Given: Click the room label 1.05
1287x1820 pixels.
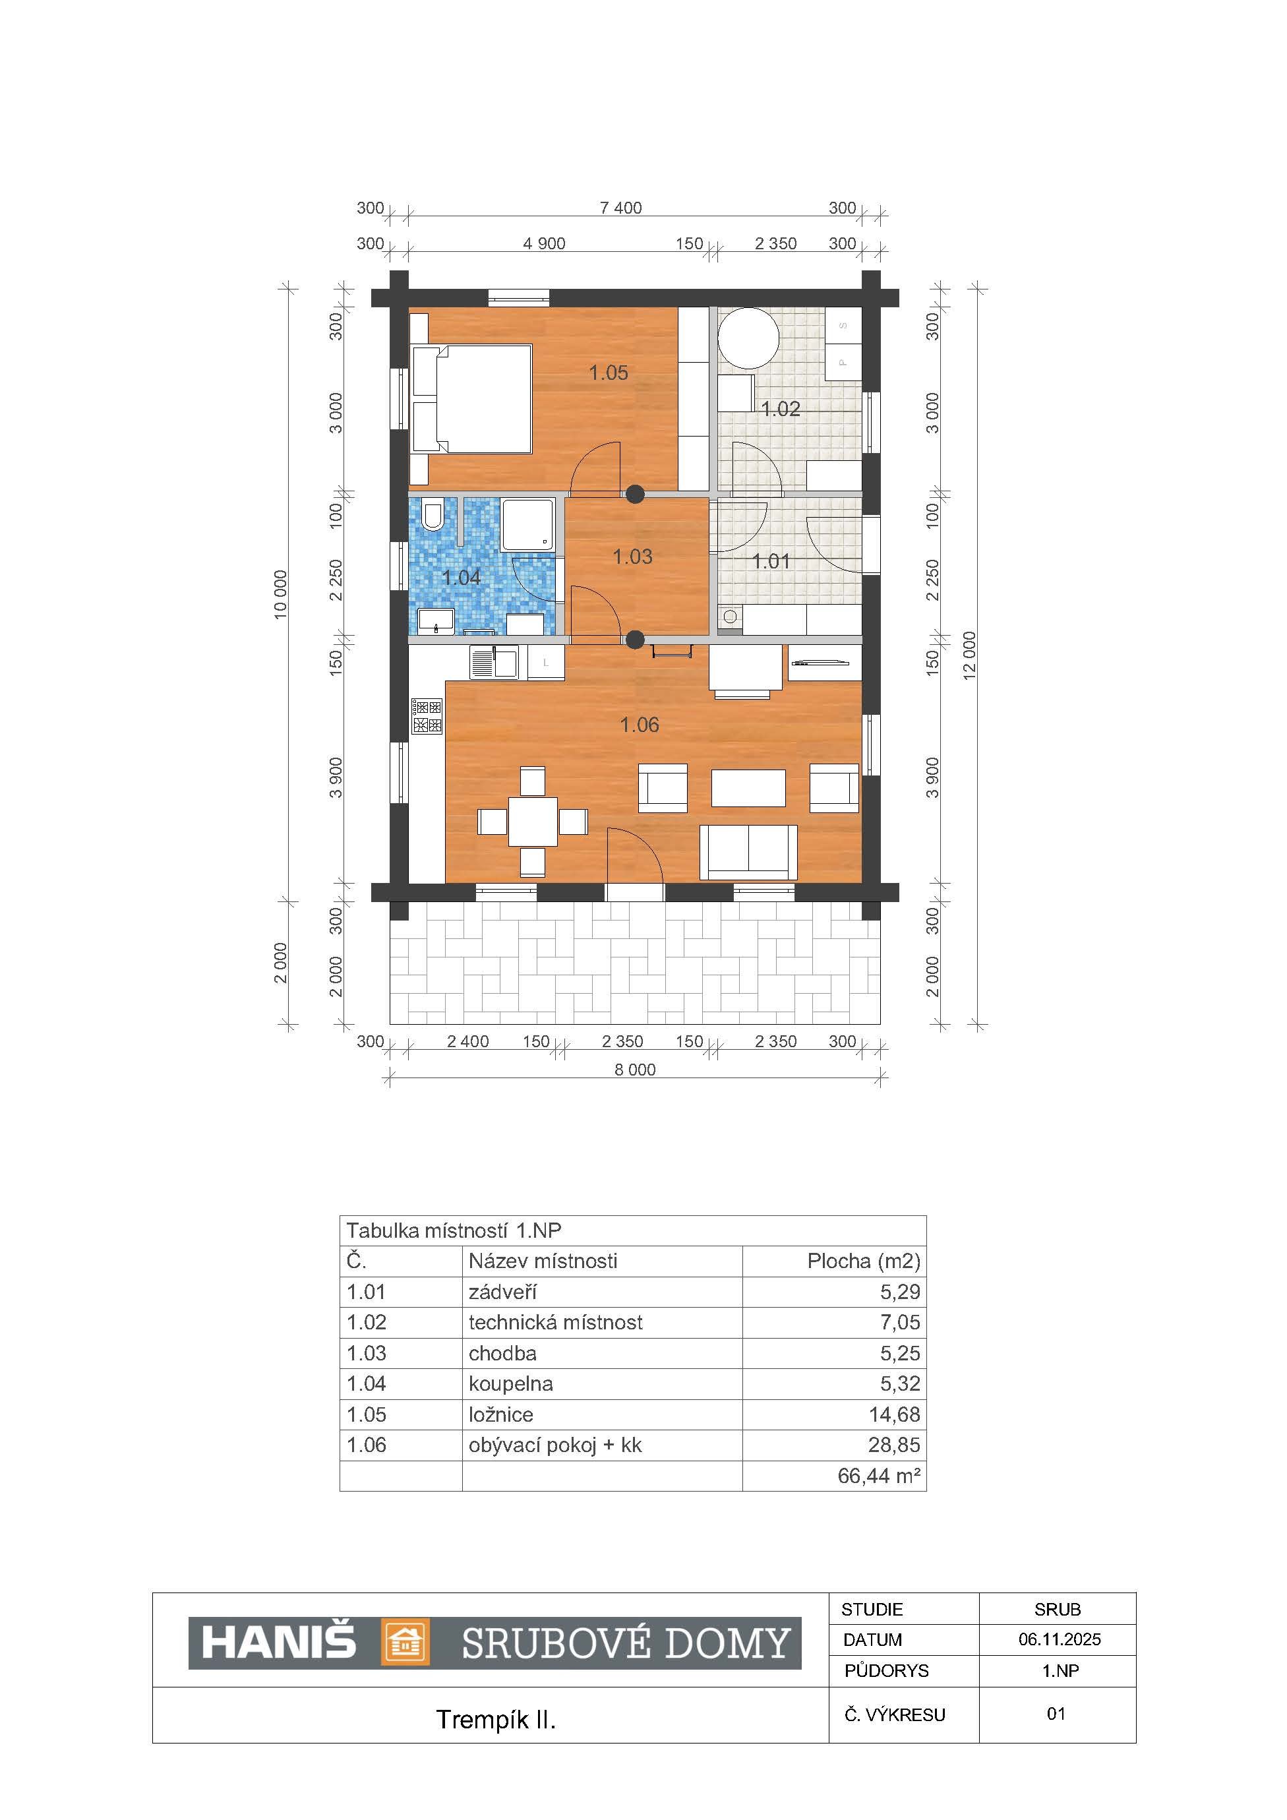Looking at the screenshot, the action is pos(608,373).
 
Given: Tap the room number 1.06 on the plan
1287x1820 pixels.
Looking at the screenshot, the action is pos(639,725).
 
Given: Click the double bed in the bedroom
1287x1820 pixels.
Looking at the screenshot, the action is pos(471,399).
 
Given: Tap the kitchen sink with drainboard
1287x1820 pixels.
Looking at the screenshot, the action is pos(493,663).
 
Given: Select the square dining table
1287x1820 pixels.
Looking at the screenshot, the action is pos(533,821).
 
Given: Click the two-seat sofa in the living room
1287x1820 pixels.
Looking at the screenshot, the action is pos(748,852).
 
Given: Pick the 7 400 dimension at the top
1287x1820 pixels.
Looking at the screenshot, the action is pos(620,208).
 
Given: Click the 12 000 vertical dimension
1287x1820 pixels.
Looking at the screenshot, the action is pos(970,655).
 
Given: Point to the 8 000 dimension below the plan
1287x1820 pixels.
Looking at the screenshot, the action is pos(635,1070).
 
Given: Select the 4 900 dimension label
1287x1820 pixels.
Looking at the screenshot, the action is pos(545,243).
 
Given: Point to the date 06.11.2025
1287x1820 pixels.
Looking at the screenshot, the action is pos(1060,1639).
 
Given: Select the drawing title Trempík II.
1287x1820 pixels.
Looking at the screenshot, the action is pos(495,1719).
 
